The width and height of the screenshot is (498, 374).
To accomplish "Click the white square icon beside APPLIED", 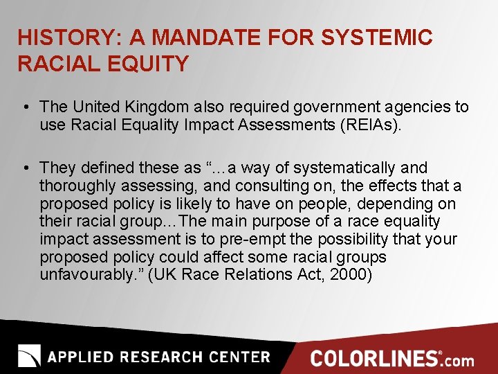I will tap(29, 355).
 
